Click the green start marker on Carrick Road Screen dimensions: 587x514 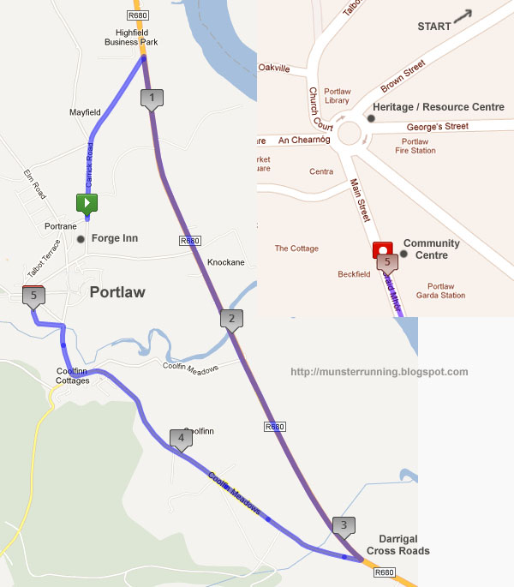pyautogui.click(x=87, y=203)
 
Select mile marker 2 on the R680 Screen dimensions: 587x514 pyautogui.click(x=230, y=319)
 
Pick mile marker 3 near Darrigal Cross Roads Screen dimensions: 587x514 pyautogui.click(x=344, y=525)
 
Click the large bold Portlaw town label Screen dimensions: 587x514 pyautogui.click(x=117, y=292)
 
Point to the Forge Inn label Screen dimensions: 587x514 pyautogui.click(x=114, y=238)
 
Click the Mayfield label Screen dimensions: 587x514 pyautogui.click(x=85, y=112)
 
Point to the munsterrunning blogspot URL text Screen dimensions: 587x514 pyautogui.click(x=380, y=372)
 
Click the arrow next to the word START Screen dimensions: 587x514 pyautogui.click(x=463, y=16)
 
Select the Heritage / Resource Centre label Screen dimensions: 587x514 pyautogui.click(x=438, y=107)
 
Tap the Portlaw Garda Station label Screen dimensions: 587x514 pyautogui.click(x=446, y=291)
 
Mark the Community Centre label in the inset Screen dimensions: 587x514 pyautogui.click(x=431, y=249)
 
